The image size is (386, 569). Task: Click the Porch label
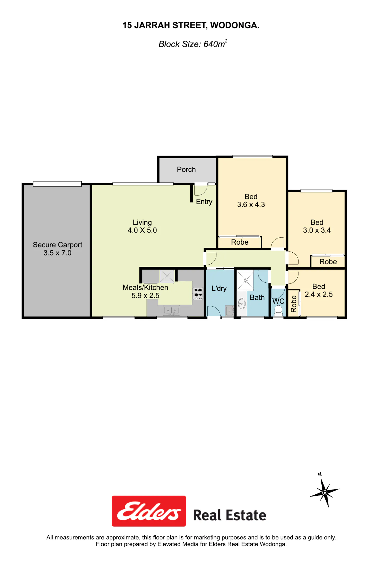[186, 170]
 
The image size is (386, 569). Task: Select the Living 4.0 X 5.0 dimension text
[142, 230]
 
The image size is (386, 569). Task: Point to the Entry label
[204, 202]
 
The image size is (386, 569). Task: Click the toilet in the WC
[278, 310]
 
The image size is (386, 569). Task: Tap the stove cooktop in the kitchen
[198, 294]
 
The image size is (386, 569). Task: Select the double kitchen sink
[171, 310]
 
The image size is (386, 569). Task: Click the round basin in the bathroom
[241, 304]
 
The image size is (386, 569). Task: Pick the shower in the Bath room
[245, 281]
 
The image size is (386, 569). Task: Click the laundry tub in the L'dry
[230, 311]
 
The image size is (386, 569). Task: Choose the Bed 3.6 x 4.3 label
[251, 201]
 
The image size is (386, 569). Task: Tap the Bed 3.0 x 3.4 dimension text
[317, 230]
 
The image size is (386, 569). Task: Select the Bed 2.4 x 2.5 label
[319, 290]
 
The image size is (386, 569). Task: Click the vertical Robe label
[294, 304]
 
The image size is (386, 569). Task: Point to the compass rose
[325, 492]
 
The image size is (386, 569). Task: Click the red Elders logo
[149, 511]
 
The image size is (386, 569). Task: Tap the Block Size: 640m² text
[193, 44]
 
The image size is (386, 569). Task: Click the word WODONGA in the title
[235, 25]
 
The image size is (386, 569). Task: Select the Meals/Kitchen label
[145, 287]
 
